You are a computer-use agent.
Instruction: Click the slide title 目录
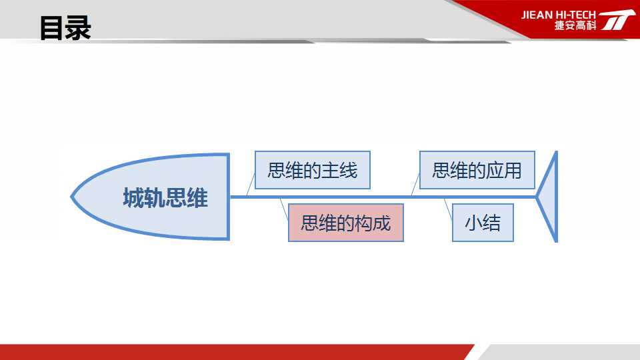click(65, 28)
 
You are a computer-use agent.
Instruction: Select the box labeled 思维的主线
click(313, 170)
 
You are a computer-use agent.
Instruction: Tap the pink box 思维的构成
click(346, 223)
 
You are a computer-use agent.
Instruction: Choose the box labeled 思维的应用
click(477, 170)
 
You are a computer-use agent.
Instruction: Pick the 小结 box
click(483, 223)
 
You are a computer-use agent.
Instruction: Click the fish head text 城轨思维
click(165, 198)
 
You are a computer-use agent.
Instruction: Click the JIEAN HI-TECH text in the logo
click(558, 15)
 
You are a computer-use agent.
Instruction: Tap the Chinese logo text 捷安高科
click(575, 25)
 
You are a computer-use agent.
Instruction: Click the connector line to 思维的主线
click(251, 185)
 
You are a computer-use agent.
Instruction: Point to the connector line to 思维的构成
click(284, 209)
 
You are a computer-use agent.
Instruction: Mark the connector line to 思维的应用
click(415, 185)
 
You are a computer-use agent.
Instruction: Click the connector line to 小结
click(448, 209)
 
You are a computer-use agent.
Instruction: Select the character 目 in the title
click(52, 28)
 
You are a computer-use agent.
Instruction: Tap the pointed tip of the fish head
click(71, 197)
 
